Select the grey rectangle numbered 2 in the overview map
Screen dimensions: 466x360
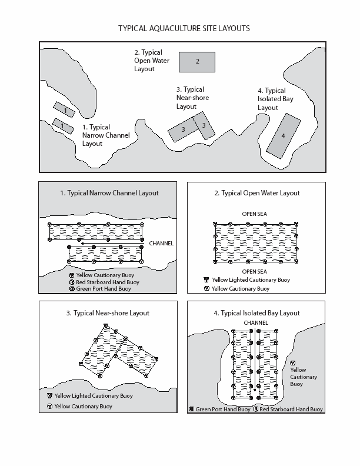197,61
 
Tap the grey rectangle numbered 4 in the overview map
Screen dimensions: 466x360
283,135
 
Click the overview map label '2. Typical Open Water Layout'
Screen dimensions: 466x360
148,61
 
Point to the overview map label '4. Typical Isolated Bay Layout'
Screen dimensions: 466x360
272,99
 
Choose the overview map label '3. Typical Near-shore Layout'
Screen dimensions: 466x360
192,98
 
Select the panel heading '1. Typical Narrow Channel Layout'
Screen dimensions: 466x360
109,193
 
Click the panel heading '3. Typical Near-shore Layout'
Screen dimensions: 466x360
108,313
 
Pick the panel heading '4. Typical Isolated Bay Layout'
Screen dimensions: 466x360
256,313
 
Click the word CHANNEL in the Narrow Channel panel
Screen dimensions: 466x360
161,243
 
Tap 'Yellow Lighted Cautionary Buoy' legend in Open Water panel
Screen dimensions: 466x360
251,280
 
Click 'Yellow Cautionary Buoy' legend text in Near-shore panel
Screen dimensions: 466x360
84,407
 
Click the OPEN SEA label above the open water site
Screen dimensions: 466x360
254,214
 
